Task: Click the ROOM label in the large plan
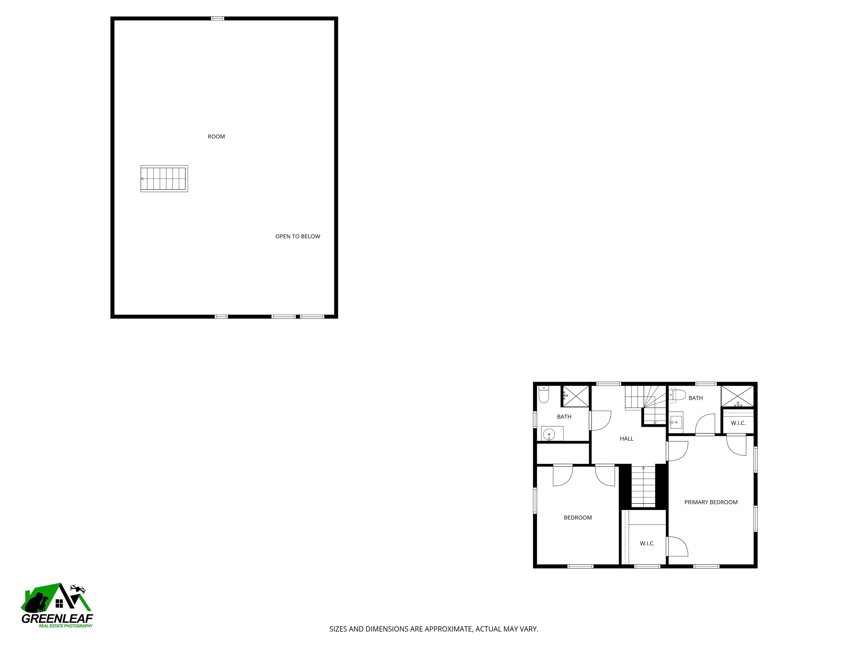[216, 136]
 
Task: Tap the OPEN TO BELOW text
[298, 236]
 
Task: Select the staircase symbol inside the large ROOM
[164, 179]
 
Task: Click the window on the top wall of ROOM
[217, 18]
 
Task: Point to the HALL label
[626, 439]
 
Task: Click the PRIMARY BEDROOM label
[711, 502]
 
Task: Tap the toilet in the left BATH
[543, 395]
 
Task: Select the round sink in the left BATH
[549, 434]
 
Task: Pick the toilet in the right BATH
[677, 395]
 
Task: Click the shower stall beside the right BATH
[738, 396]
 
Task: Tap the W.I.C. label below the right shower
[738, 423]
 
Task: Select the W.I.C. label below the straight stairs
[647, 543]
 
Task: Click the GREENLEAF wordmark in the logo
[57, 619]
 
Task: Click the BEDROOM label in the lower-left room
[578, 518]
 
